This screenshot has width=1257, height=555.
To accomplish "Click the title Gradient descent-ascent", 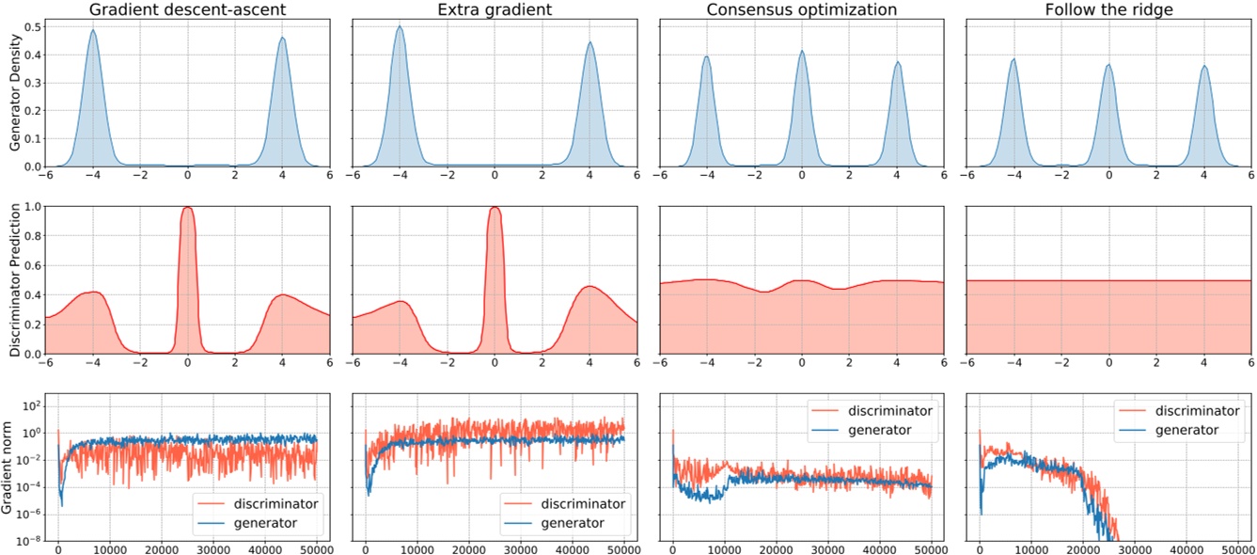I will [x=188, y=10].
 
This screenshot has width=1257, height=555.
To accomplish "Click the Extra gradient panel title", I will [x=495, y=10].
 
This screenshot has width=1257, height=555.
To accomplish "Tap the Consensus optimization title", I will [x=801, y=10].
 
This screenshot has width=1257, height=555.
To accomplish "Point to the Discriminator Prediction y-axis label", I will [x=14, y=280].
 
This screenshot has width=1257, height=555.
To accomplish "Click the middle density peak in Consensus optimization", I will [x=801, y=53].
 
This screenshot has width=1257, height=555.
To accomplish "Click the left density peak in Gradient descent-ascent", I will [x=93, y=31].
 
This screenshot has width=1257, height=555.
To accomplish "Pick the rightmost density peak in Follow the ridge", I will [x=1203, y=68].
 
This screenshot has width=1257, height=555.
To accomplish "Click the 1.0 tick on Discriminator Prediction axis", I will [x=32, y=206].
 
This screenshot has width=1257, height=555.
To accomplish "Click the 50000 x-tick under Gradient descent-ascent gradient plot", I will [x=316, y=549].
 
